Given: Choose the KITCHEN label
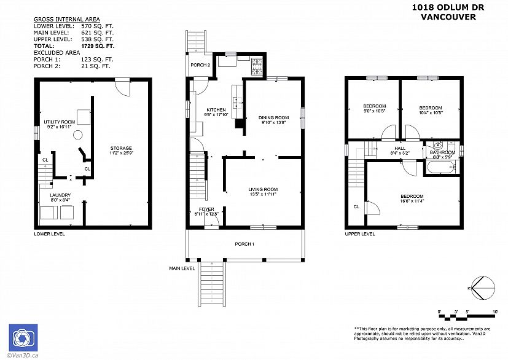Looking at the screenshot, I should pos(216,109).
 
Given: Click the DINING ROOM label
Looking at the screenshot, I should pos(273,117).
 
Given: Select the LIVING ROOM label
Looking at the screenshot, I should pos(263,189).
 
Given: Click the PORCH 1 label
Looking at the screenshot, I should pos(244,244).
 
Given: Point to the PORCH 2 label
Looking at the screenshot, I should pos(200,65).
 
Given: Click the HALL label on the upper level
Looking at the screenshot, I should pos(399,147).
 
